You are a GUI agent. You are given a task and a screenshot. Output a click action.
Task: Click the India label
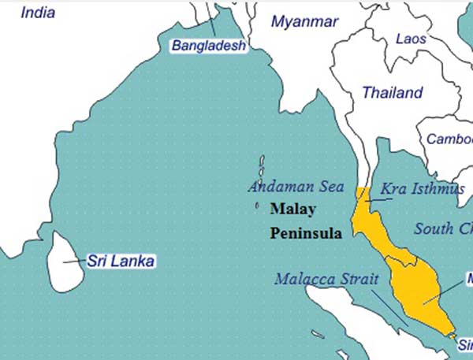39,12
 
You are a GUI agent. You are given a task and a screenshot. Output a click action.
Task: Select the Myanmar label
304,22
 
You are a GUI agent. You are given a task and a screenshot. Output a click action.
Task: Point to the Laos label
411,39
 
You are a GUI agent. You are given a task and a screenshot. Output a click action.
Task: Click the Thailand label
392,93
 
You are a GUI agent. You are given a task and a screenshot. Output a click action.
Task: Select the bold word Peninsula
306,234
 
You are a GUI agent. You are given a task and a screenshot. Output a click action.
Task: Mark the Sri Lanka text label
121,262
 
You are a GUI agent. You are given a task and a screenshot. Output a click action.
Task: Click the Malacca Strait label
326,280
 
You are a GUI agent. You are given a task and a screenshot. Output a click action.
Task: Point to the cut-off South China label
444,229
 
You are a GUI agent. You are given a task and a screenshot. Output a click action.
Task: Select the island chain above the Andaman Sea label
261,169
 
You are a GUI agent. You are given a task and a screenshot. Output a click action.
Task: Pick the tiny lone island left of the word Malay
257,207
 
